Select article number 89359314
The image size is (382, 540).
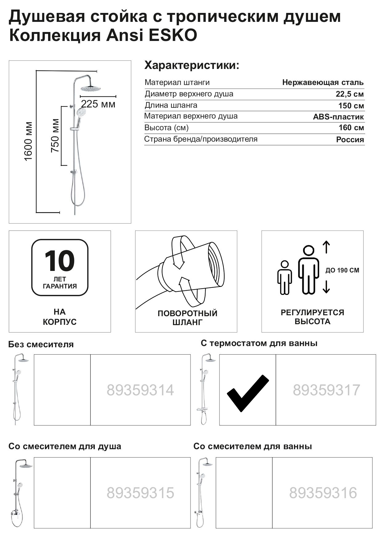(x=140, y=390)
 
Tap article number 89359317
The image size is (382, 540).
(x=326, y=390)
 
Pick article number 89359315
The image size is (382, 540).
(x=140, y=493)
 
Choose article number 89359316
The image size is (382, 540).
(x=323, y=493)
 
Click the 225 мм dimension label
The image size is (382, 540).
(x=98, y=104)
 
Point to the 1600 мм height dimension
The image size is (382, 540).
(x=28, y=141)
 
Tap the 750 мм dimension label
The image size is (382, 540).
(x=55, y=135)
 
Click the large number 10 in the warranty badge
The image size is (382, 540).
(x=60, y=261)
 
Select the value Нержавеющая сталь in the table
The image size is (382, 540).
(x=323, y=83)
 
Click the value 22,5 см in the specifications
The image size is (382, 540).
(x=350, y=94)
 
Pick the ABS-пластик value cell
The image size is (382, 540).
(x=338, y=117)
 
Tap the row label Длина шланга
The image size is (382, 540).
(x=171, y=105)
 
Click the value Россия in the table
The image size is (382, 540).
(x=350, y=140)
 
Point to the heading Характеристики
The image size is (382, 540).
(x=192, y=66)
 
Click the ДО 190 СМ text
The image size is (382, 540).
(x=342, y=271)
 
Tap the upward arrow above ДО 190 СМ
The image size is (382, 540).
(x=326, y=247)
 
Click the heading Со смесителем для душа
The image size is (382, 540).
(x=65, y=446)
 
